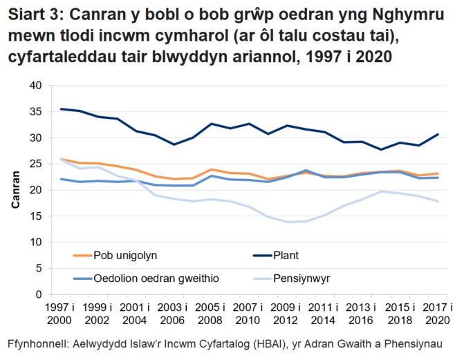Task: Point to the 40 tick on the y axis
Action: pyautogui.click(x=36, y=85)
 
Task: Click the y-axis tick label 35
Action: pyautogui.click(x=36, y=111)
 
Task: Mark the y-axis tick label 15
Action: pyautogui.click(x=36, y=216)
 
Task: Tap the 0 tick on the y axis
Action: pyautogui.click(x=39, y=295)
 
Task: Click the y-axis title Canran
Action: pyautogui.click(x=14, y=190)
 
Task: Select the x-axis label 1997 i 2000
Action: pyautogui.click(x=62, y=314)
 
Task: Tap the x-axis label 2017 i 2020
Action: pyautogui.click(x=436, y=314)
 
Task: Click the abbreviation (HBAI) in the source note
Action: pyautogui.click(x=260, y=343)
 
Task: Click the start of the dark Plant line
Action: pyautogui.click(x=62, y=108)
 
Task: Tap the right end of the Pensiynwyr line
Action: pyautogui.click(x=436, y=201)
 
